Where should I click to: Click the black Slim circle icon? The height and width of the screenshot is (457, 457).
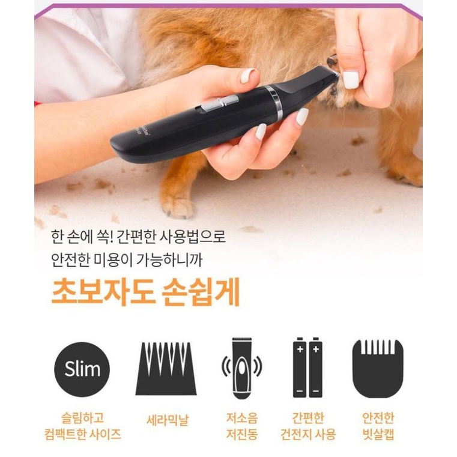(82, 369)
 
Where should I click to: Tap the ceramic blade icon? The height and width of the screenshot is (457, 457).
(166, 369)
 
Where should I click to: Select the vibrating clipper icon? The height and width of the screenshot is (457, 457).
(241, 368)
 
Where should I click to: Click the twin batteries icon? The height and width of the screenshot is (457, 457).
(308, 368)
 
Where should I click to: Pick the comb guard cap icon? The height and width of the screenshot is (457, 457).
(378, 369)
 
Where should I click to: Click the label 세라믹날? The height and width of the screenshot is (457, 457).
(168, 420)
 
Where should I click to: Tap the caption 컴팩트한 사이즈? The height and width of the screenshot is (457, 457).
(83, 434)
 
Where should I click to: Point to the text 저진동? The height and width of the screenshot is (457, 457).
(242, 434)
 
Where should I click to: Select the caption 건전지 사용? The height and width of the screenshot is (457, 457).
(308, 434)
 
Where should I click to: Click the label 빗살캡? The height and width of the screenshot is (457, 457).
(378, 434)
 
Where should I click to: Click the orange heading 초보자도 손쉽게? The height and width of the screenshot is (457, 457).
(146, 292)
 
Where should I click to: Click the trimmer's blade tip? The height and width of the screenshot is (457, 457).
(334, 75)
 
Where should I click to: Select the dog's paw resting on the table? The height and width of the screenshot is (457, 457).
(178, 207)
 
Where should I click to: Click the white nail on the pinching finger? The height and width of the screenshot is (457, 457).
(350, 79)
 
